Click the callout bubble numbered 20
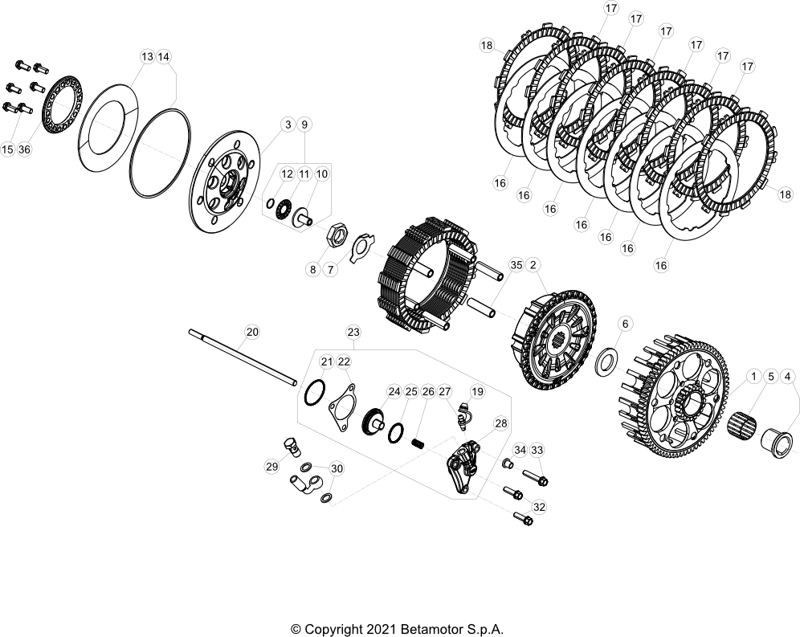(x=252, y=332)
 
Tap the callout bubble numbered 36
(x=24, y=149)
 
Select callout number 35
(x=516, y=265)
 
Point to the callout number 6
(x=626, y=324)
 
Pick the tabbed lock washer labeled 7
(x=361, y=247)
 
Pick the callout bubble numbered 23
(x=353, y=332)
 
